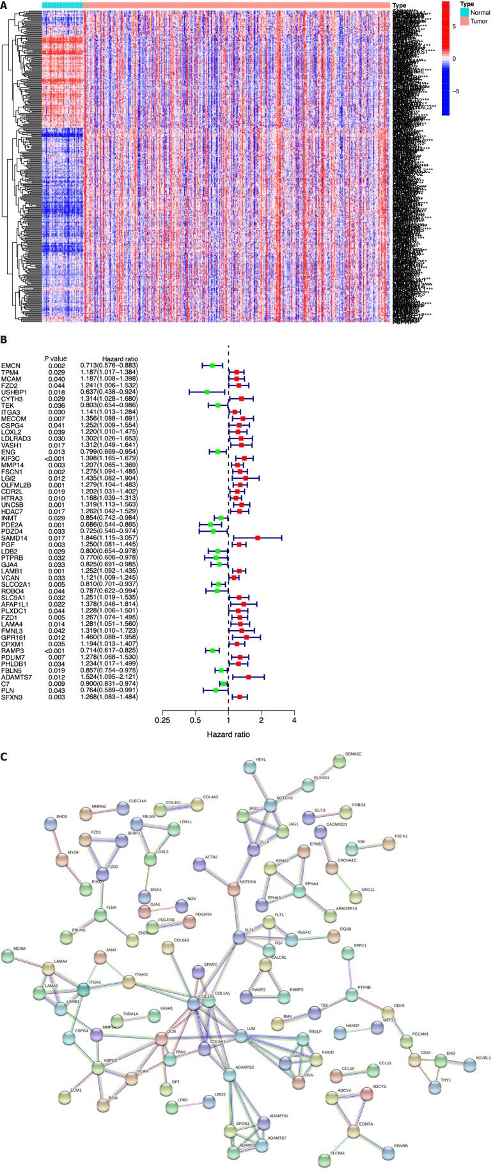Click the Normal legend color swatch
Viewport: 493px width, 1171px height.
pos(446,12)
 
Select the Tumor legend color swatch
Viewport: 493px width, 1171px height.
pos(446,21)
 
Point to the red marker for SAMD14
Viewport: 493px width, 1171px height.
pos(257,538)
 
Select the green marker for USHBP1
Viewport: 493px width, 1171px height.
pos(207,392)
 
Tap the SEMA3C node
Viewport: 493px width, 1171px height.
pos(339,762)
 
